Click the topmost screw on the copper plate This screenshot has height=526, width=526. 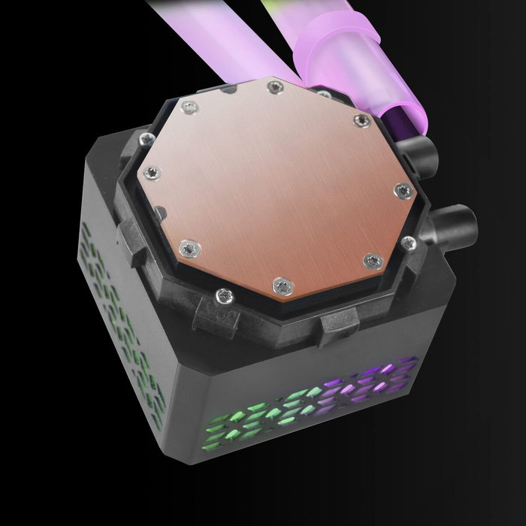coord(271,89)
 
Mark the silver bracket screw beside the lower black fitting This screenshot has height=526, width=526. coord(409,242)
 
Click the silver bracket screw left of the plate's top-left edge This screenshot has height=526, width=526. coord(144,138)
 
